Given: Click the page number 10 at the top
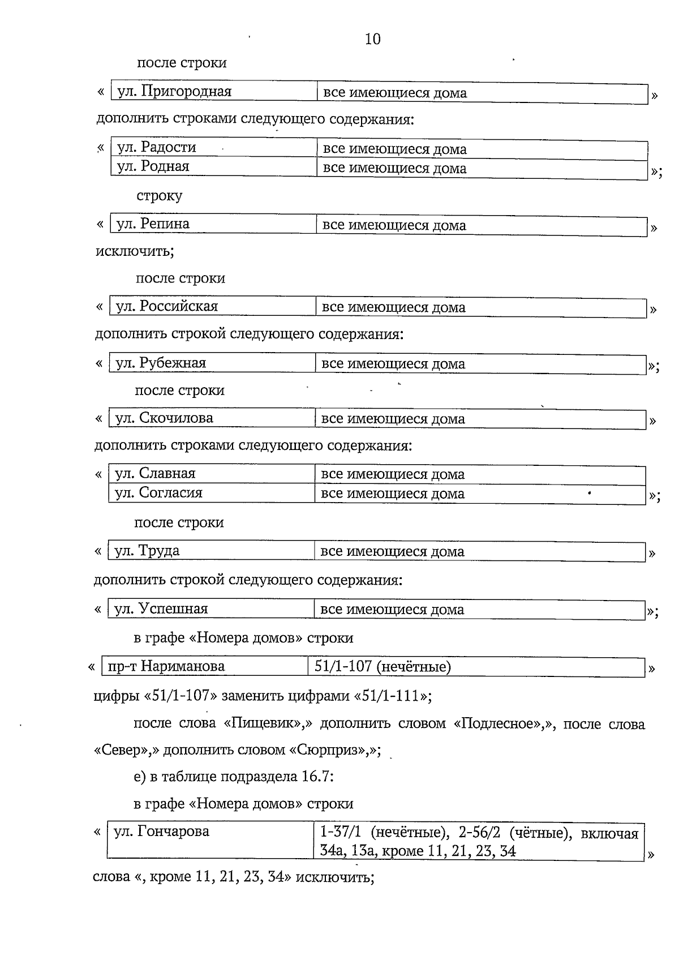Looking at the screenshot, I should (373, 39).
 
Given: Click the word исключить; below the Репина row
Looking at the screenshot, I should (135, 251).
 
